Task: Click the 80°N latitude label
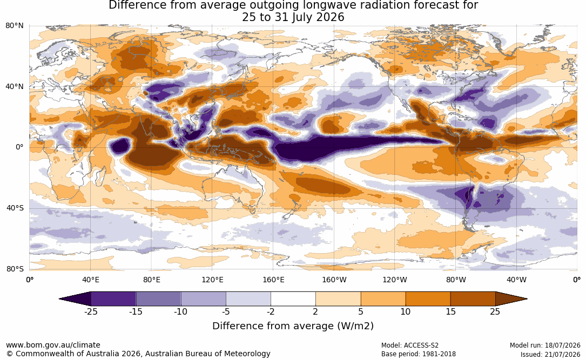pos(15,26)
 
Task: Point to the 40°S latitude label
pos(15,208)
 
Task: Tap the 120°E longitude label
pos(212,280)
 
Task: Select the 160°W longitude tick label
pos(334,280)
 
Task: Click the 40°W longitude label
pos(516,280)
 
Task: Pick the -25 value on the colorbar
pos(91,311)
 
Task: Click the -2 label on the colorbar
pos(271,311)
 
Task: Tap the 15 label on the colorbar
pos(451,311)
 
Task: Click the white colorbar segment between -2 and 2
pos(293,299)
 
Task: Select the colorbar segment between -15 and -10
pos(158,299)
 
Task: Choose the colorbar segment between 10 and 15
pos(428,299)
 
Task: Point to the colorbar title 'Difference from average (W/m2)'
pos(293,325)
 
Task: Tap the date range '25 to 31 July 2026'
pos(293,17)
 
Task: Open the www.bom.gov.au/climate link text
pos(53,345)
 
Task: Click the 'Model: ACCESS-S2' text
pos(410,345)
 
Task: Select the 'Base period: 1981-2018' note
pos(419,354)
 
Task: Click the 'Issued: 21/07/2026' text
pos(550,354)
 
